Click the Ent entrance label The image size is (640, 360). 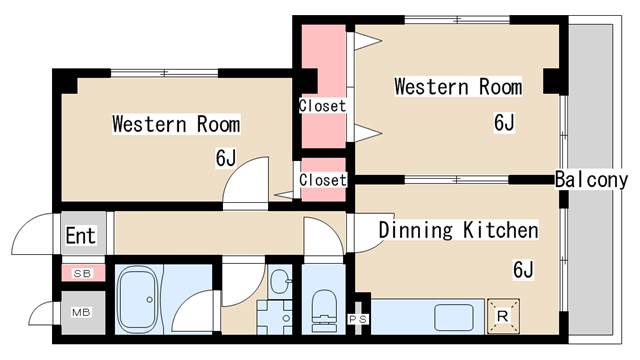click(80, 237)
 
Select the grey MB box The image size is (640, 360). click(81, 312)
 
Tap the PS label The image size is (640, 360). click(357, 320)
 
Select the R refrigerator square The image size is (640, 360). click(502, 317)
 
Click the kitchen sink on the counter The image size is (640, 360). click(452, 317)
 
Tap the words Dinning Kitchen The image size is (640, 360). click(458, 231)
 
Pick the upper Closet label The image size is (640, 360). click(322, 105)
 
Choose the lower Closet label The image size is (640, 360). click(322, 180)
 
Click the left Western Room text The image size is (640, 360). click(175, 125)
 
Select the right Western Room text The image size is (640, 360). click(458, 87)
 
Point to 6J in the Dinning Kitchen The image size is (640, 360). click(523, 269)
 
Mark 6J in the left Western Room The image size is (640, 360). click(225, 158)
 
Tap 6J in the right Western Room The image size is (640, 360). click(503, 123)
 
